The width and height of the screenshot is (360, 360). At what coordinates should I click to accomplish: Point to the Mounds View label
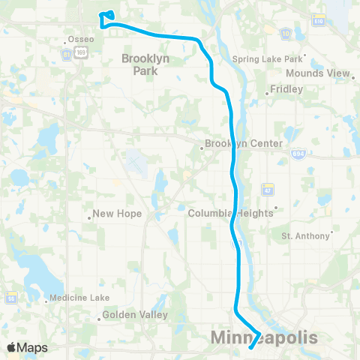click(319, 73)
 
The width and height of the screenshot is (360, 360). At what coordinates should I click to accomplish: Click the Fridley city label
click(288, 88)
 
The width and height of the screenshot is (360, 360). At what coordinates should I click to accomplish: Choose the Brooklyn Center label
click(245, 143)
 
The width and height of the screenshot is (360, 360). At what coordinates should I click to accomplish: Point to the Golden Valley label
click(135, 315)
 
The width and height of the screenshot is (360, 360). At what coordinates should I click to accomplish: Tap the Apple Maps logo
click(27, 347)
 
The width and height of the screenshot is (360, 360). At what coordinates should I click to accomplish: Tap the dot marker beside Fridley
click(268, 94)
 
